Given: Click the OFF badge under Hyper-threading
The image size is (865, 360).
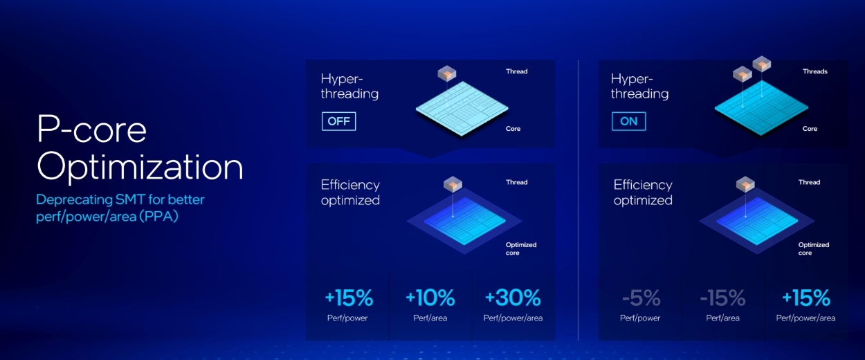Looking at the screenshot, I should click(338, 121).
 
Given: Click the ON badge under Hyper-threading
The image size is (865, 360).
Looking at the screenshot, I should click(628, 121).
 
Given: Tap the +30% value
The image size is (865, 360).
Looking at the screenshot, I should click(513, 298).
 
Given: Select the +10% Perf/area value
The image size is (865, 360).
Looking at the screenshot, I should click(430, 298).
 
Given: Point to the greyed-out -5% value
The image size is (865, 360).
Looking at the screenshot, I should click(641, 298).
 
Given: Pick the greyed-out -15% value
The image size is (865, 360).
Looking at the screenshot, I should click(722, 298).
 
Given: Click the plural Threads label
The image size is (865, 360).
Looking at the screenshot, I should click(814, 71).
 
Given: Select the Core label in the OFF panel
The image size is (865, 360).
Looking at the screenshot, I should click(513, 129).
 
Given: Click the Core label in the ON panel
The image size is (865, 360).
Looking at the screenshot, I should click(810, 129).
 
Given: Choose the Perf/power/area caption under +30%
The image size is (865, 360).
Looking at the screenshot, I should click(513, 318).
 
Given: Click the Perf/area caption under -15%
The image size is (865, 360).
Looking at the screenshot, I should click(722, 318).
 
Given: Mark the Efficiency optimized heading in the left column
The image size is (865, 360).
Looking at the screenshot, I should click(350, 192).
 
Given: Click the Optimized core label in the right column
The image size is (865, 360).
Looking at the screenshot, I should click(813, 249).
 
